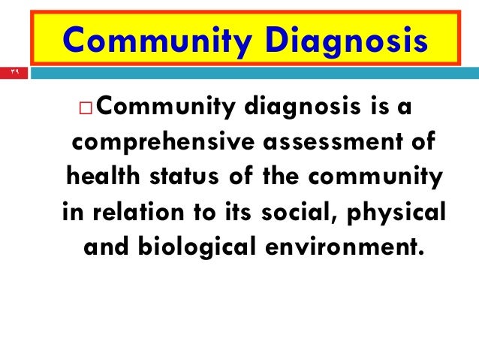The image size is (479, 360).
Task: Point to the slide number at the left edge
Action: [x=14, y=73]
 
